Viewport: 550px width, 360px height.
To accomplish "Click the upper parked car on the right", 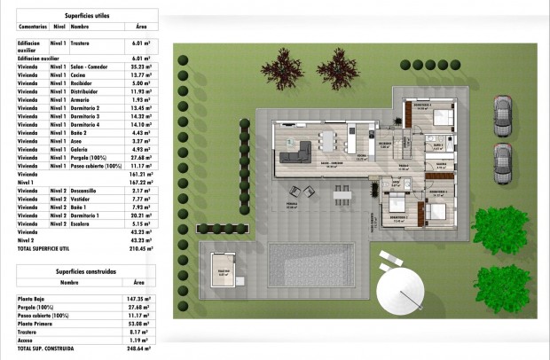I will pyautogui.click(x=501, y=113).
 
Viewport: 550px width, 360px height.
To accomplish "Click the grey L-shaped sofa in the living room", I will pyautogui.click(x=298, y=150).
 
